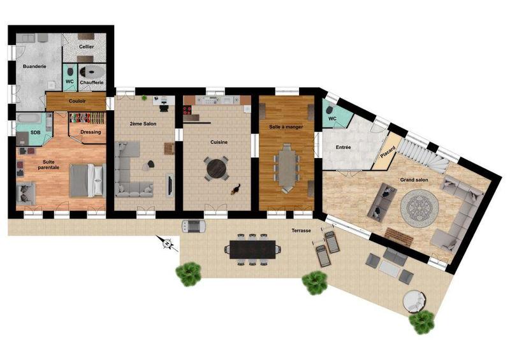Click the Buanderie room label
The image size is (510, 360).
[34, 66]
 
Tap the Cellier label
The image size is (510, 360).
[87, 47]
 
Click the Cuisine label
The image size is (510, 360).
[219, 142]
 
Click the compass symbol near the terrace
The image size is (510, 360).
[167, 242]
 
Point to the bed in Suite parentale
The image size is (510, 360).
[86, 180]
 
